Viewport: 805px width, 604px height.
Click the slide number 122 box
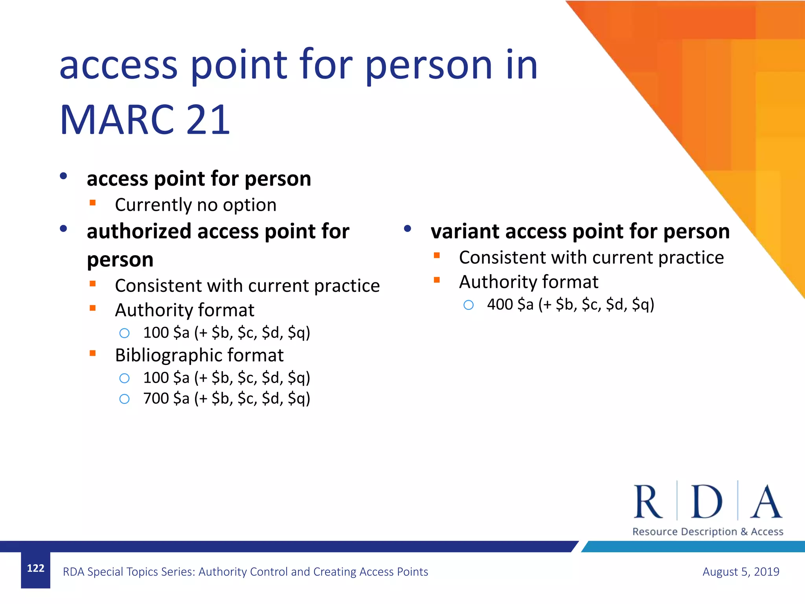35,569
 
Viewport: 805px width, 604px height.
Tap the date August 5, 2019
741,571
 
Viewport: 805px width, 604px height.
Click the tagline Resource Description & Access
708,532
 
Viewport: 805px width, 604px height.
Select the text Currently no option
195,205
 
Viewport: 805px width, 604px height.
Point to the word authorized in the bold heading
139,231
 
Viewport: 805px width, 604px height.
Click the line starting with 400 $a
570,304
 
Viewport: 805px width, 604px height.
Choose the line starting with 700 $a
226,398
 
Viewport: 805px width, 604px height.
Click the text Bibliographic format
199,355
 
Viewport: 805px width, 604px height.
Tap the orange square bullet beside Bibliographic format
93,353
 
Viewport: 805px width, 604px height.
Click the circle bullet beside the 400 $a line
469,305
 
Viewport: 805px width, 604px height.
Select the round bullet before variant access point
408,228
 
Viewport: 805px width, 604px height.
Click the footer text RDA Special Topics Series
245,571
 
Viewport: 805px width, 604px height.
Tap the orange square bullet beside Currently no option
93,203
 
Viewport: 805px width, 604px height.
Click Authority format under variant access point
528,282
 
